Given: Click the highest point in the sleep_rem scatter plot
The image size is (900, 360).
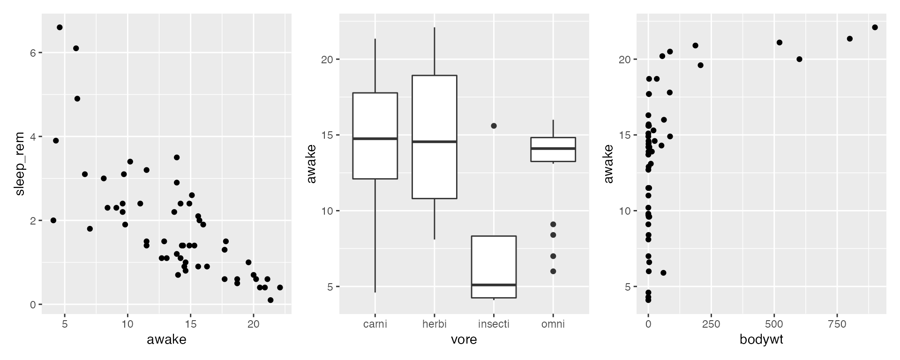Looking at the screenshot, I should point(60,27).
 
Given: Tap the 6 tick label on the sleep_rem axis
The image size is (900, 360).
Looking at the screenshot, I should point(33,53).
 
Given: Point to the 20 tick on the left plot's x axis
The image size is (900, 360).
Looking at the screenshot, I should point(253,324).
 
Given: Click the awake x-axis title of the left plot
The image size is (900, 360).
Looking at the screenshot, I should point(166,339).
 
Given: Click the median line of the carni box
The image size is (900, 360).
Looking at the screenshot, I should point(375,139).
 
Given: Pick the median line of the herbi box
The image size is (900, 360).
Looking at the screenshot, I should point(434,142).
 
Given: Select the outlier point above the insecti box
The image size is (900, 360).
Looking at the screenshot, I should point(494,126).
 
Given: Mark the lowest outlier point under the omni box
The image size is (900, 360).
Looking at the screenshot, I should point(553,271).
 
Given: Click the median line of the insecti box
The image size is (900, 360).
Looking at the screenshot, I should point(494,285).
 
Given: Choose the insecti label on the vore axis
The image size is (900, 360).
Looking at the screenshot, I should point(494,324).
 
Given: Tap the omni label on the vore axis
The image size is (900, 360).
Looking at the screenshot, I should point(553,324).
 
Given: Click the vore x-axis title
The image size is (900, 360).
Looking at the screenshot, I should point(464,339).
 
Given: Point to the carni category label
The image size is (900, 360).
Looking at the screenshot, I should point(375,324).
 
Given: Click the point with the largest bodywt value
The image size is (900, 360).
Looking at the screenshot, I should point(875,27).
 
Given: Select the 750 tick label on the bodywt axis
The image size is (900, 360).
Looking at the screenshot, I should point(837,324).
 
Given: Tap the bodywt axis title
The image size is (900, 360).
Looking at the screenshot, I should point(761,339).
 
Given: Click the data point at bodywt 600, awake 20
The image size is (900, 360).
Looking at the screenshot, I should point(799,59).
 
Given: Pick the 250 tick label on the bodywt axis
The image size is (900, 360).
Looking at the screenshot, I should point(711,324).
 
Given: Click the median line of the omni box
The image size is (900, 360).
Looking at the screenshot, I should point(553,149).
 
